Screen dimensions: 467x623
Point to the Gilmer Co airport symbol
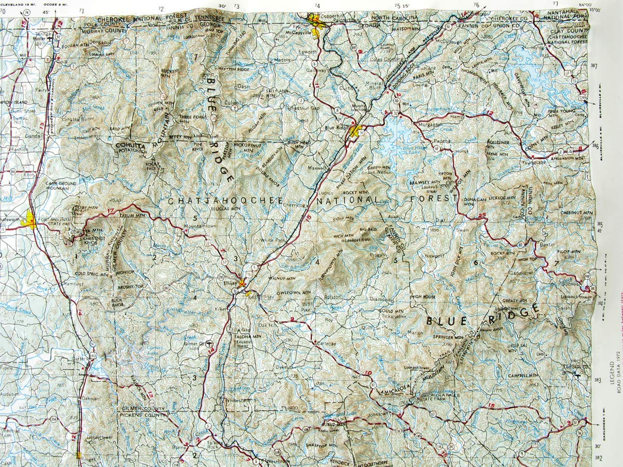click(209, 343)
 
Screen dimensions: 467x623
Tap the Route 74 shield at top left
click(26, 12)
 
